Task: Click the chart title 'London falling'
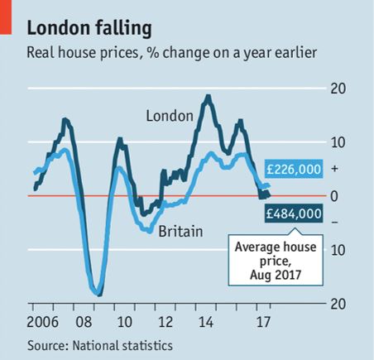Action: point(89,28)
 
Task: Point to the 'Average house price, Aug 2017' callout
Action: point(268,259)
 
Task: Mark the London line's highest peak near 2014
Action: point(207,97)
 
